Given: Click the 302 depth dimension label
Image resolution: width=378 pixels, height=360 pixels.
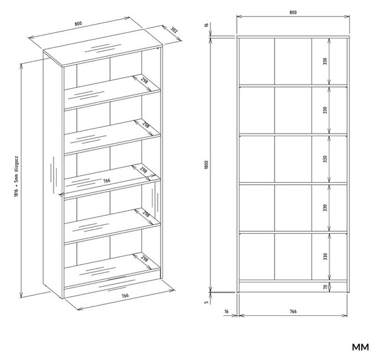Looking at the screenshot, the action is [174, 30].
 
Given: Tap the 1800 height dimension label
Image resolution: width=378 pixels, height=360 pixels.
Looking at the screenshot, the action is [206, 165].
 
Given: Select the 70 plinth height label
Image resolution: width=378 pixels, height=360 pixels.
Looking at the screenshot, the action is [325, 287].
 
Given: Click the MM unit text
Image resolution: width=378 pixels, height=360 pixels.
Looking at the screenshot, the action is [360, 347].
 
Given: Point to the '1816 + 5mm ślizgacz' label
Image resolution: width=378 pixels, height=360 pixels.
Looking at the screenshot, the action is [16, 177].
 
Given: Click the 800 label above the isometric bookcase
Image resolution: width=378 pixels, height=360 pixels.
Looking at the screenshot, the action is [78, 24].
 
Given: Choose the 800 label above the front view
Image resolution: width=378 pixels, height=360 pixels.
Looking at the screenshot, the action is [293, 13].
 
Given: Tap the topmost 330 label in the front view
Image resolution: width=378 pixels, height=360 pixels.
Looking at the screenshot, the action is [325, 61].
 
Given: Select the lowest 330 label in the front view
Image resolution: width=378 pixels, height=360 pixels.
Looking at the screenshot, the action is [325, 257].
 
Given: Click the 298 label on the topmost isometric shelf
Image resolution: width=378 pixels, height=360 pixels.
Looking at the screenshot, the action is [145, 79].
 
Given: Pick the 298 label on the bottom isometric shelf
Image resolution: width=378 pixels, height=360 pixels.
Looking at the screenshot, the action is [144, 258].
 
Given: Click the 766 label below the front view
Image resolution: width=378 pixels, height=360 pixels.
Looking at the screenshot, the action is [293, 311].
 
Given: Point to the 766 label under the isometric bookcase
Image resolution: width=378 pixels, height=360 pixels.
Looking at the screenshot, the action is [125, 295].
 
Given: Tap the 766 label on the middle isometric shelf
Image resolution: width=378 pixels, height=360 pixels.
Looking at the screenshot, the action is [106, 180].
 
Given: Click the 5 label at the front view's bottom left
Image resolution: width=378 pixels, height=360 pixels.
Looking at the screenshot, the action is [207, 302].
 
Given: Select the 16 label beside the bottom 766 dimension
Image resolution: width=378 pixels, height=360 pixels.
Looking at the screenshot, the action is [226, 311].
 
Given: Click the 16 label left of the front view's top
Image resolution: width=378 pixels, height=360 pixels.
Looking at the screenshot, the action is [207, 25].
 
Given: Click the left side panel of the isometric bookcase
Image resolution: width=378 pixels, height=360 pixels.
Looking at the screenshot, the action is [53, 175].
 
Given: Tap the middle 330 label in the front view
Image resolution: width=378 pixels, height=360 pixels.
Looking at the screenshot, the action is [325, 159].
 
